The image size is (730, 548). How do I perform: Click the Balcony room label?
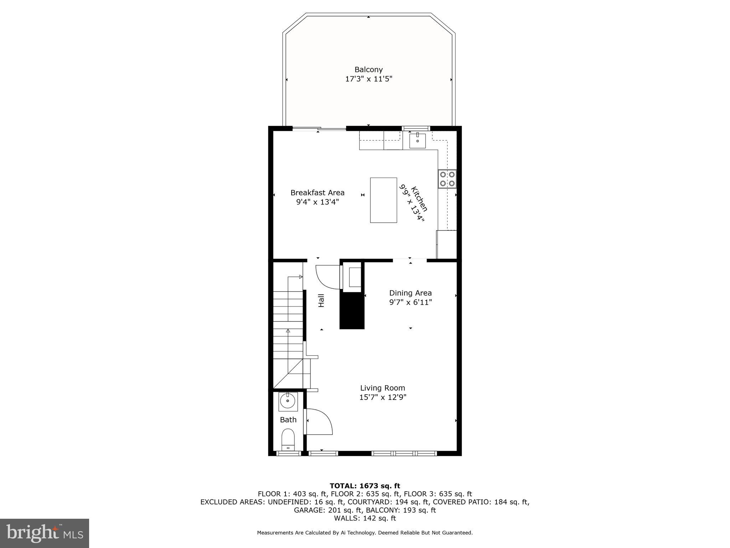(368, 70)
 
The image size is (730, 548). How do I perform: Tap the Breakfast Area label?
(317, 193)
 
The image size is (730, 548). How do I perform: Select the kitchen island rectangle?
(384, 200)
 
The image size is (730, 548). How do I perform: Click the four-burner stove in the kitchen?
(447, 179)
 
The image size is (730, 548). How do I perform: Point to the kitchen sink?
(417, 141)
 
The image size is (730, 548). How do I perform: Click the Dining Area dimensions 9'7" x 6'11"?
(410, 303)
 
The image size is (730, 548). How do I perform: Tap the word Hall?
(321, 300)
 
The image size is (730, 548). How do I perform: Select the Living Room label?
(382, 388)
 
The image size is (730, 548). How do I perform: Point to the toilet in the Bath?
(288, 439)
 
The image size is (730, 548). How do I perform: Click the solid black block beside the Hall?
(352, 310)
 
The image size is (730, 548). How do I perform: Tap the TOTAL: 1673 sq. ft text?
(365, 486)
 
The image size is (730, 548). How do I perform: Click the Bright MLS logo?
(45, 533)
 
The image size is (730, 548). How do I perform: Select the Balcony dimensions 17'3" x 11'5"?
(368, 79)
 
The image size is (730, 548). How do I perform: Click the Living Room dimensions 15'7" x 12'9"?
(382, 397)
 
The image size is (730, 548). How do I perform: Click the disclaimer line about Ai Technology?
(365, 533)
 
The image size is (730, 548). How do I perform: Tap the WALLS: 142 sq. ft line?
(365, 518)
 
